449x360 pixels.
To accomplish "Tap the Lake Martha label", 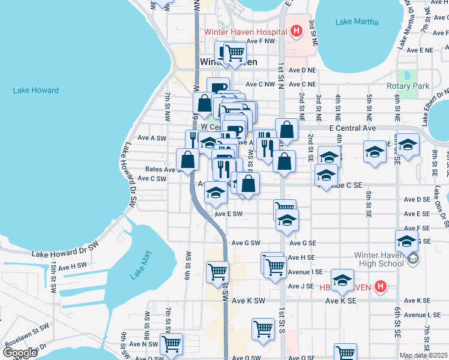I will [357, 22].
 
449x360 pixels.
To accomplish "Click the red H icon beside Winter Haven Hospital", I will [295, 31].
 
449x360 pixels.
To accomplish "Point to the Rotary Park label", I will [408, 86].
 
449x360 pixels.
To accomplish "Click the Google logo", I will [20, 353].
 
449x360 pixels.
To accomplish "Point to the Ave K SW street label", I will [248, 301].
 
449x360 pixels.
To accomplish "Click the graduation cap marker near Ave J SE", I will [342, 280].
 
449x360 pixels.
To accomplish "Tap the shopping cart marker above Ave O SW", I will [172, 344].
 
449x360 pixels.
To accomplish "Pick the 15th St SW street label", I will [53, 273].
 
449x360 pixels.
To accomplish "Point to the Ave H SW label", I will [73, 266].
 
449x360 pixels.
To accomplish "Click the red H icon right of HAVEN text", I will [379, 287].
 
